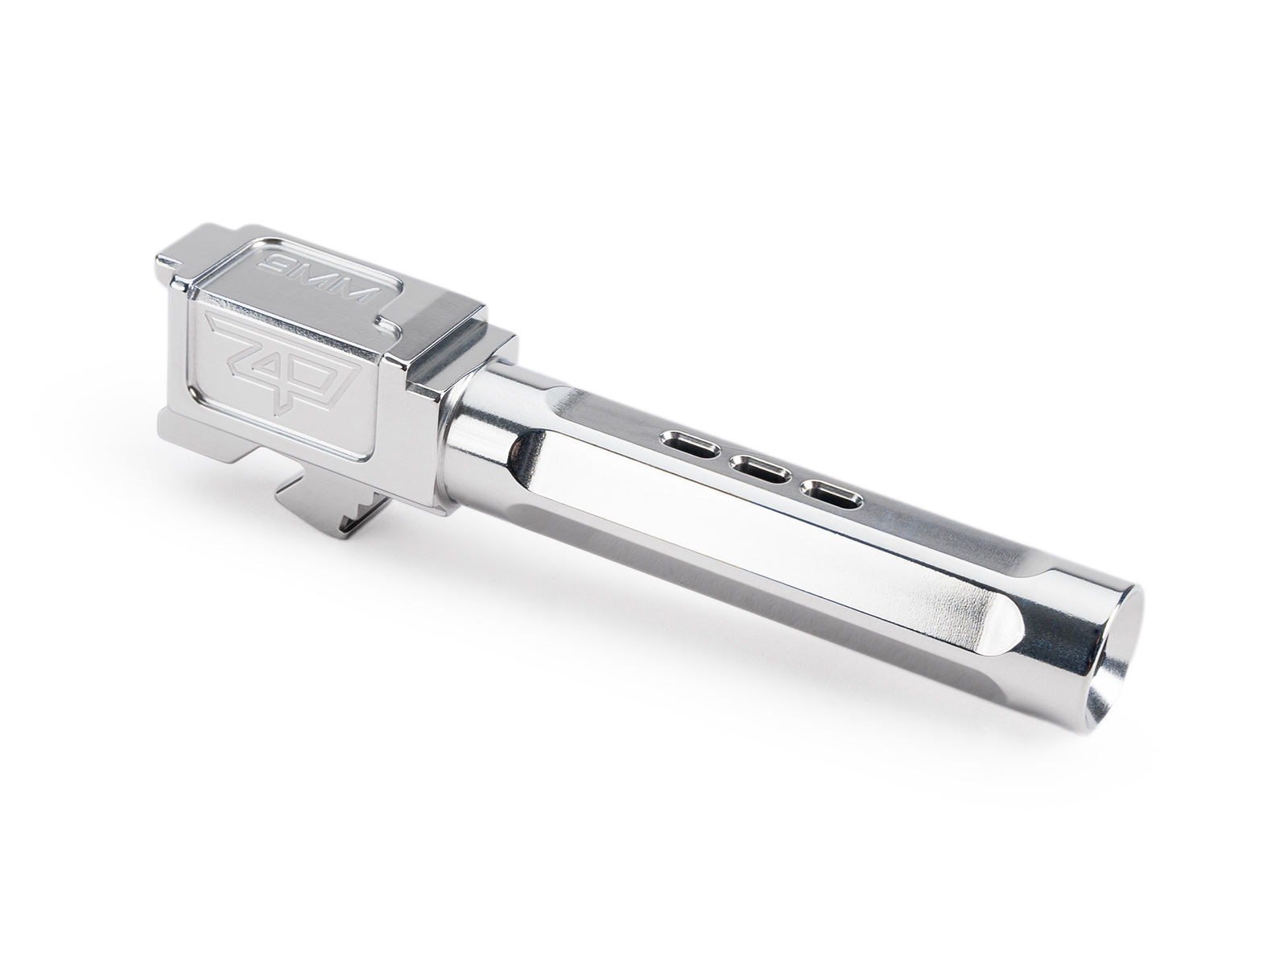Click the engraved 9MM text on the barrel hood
click(x=318, y=281)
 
